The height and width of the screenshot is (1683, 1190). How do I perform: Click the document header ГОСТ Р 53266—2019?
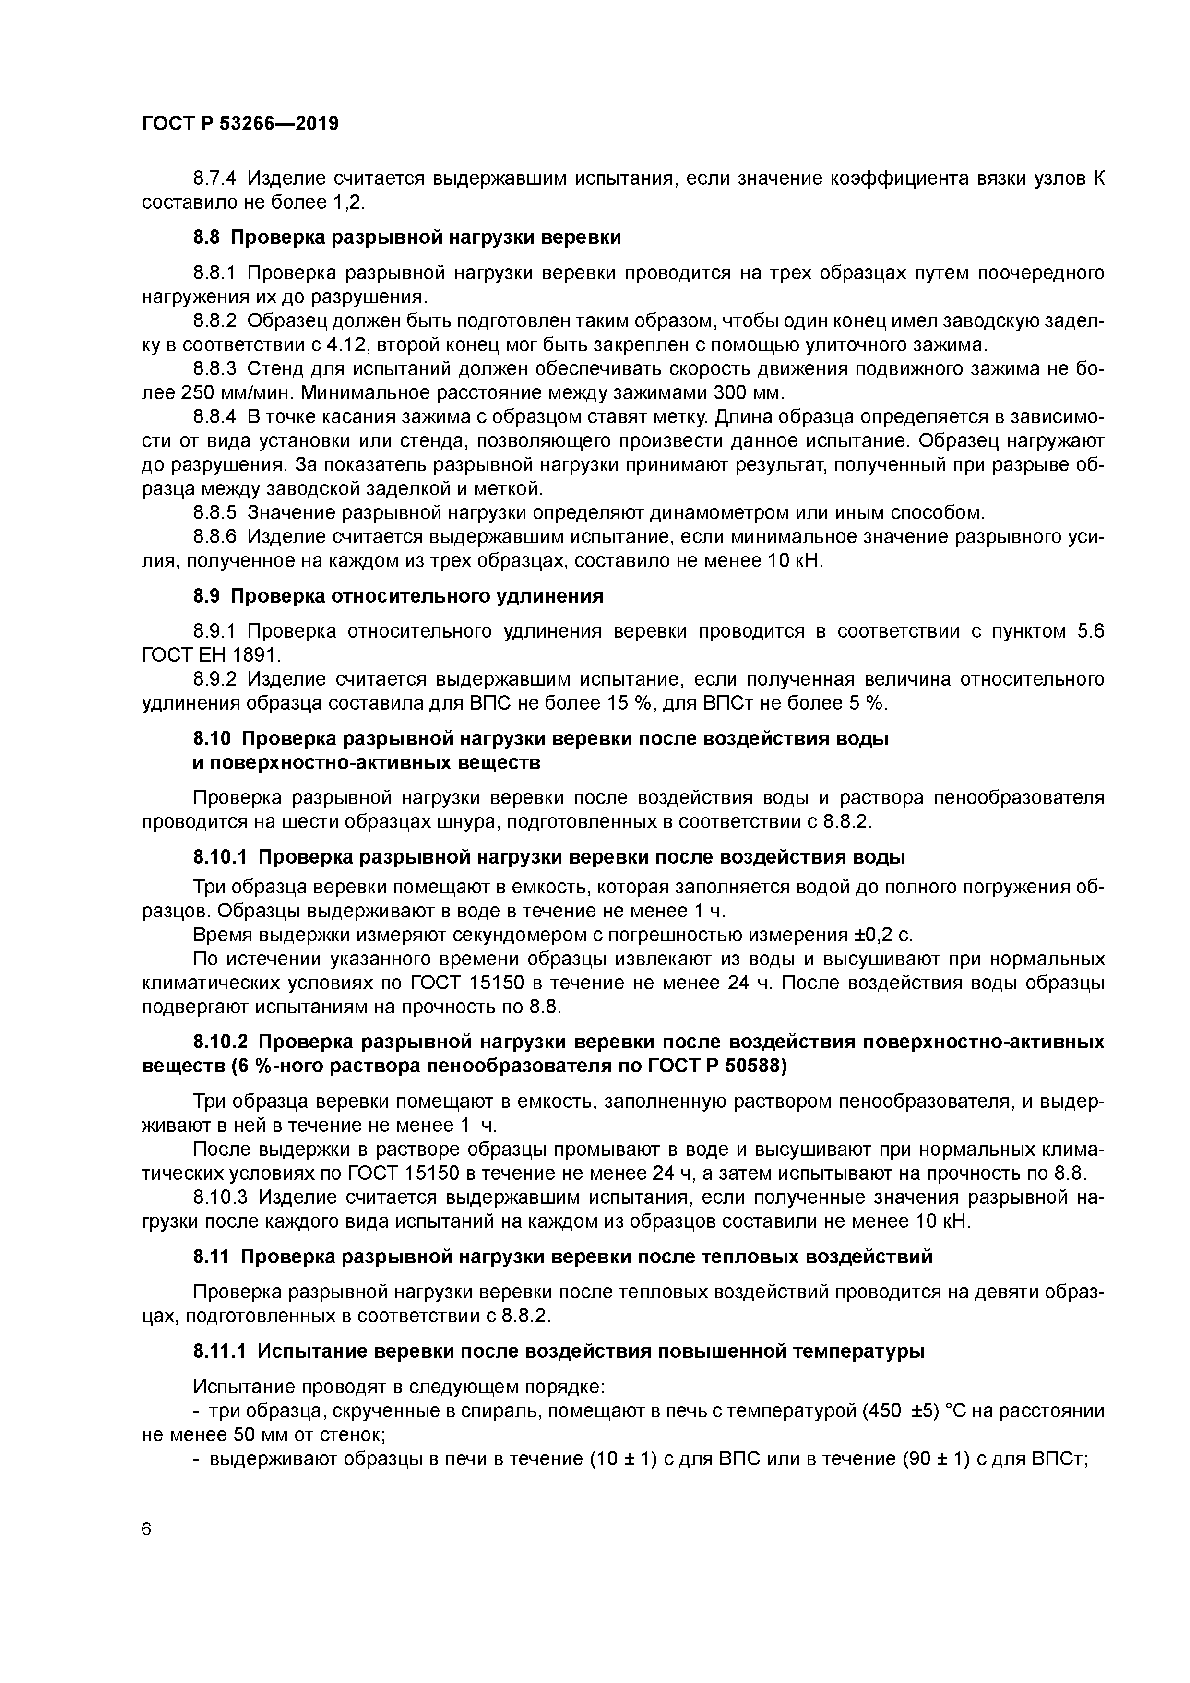[x=240, y=124]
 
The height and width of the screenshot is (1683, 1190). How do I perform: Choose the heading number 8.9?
[x=207, y=596]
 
